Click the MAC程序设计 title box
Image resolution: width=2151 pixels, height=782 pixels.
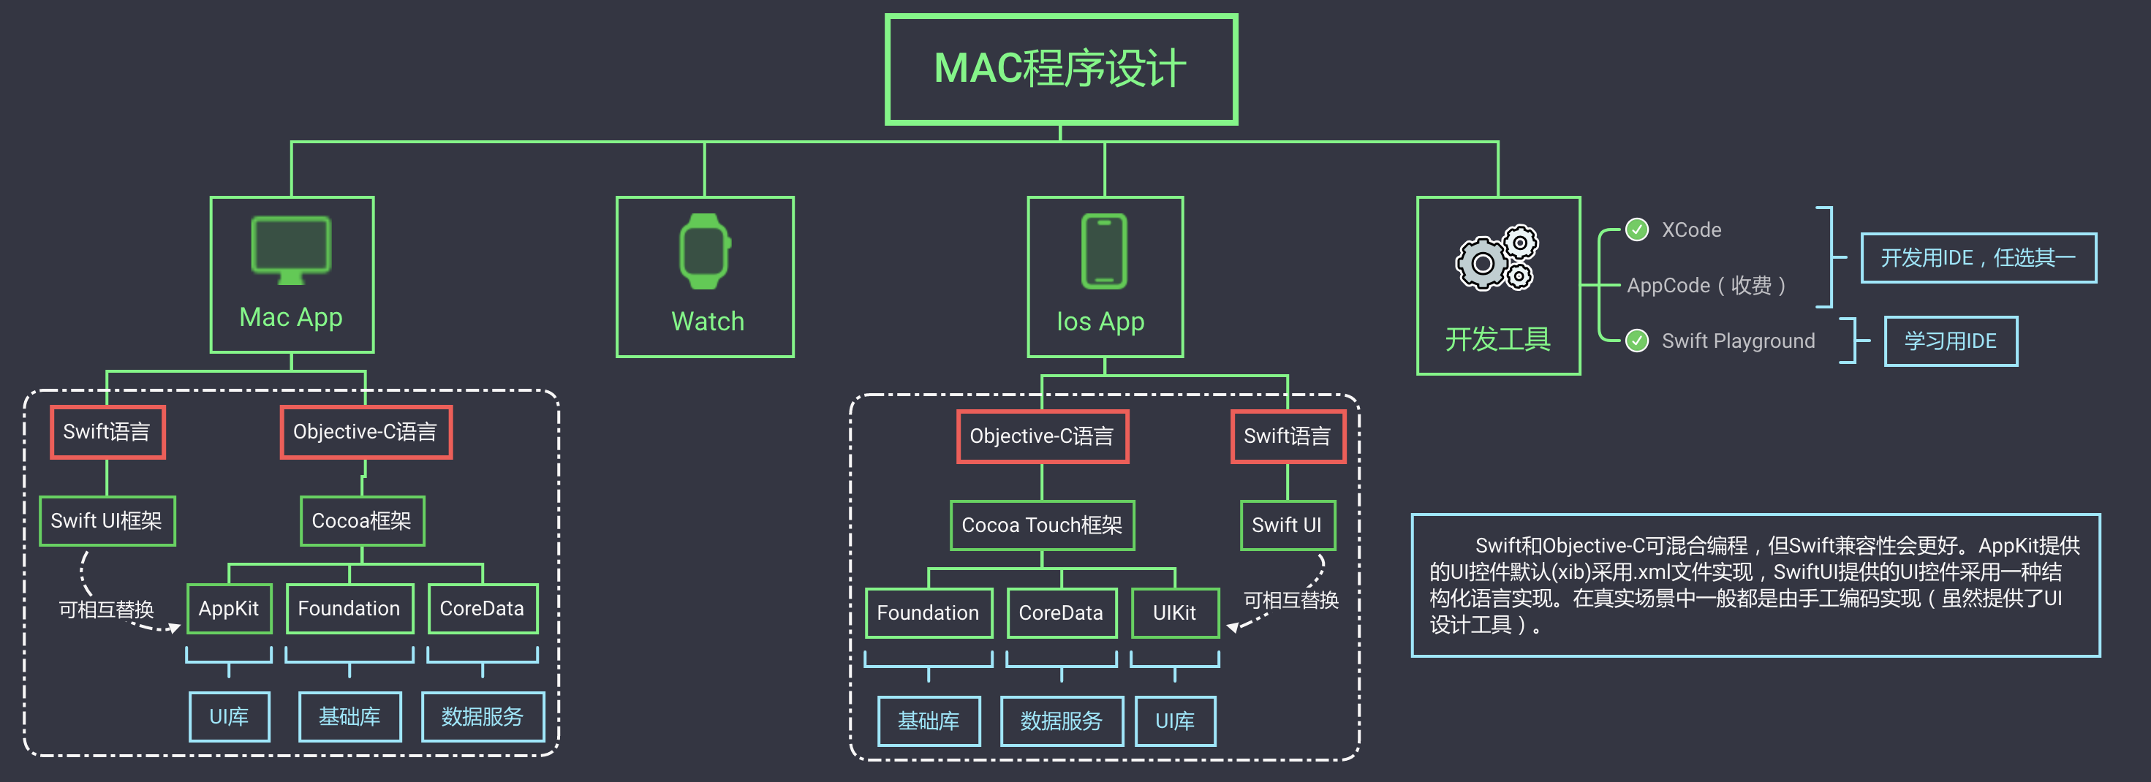coord(1060,69)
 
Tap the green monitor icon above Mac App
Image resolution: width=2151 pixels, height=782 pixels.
coord(290,248)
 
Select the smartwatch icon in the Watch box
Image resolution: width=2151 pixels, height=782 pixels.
coord(705,251)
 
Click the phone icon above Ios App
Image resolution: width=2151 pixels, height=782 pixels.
coord(1104,251)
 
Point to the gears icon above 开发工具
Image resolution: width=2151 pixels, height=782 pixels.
coord(1497,258)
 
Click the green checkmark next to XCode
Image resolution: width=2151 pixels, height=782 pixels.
coord(1636,229)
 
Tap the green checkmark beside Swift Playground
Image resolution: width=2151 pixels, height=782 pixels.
coord(1636,341)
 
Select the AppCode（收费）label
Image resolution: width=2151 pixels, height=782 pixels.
coord(1706,286)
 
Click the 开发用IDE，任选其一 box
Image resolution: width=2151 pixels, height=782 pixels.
coord(1977,258)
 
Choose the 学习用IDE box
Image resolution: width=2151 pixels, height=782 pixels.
coord(1950,341)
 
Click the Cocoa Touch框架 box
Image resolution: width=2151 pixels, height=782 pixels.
coord(1041,525)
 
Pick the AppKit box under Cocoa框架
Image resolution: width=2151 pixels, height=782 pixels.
coord(228,608)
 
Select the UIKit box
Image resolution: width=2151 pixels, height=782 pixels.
coord(1174,612)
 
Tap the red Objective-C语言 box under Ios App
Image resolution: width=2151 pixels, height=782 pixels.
coord(1041,436)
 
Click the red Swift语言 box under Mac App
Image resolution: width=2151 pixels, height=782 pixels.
coord(107,431)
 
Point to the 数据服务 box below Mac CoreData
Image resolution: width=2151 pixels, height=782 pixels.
coord(482,716)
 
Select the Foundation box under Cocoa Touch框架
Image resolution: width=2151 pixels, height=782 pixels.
coord(928,612)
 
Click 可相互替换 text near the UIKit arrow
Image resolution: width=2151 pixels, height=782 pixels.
coord(1290,599)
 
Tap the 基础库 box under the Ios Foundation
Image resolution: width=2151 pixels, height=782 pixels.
coord(928,720)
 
